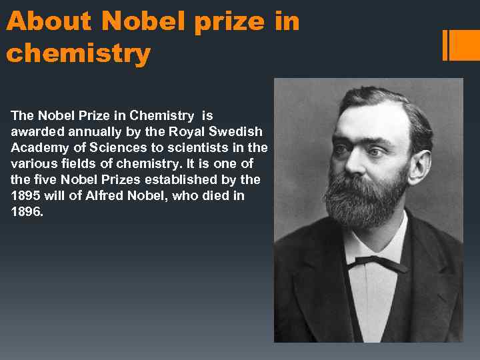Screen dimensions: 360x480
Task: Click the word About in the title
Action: [x=49, y=22]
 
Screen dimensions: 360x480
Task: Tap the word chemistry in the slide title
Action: [x=79, y=53]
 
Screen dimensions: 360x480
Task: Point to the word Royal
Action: [x=190, y=131]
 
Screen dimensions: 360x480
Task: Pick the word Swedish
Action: [x=237, y=131]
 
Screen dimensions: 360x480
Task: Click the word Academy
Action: [x=37, y=147]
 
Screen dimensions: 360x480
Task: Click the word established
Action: [x=185, y=179]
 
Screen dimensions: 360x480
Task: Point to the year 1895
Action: [x=27, y=195]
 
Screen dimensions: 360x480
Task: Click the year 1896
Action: [x=27, y=211]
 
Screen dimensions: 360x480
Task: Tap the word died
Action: [x=211, y=195]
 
